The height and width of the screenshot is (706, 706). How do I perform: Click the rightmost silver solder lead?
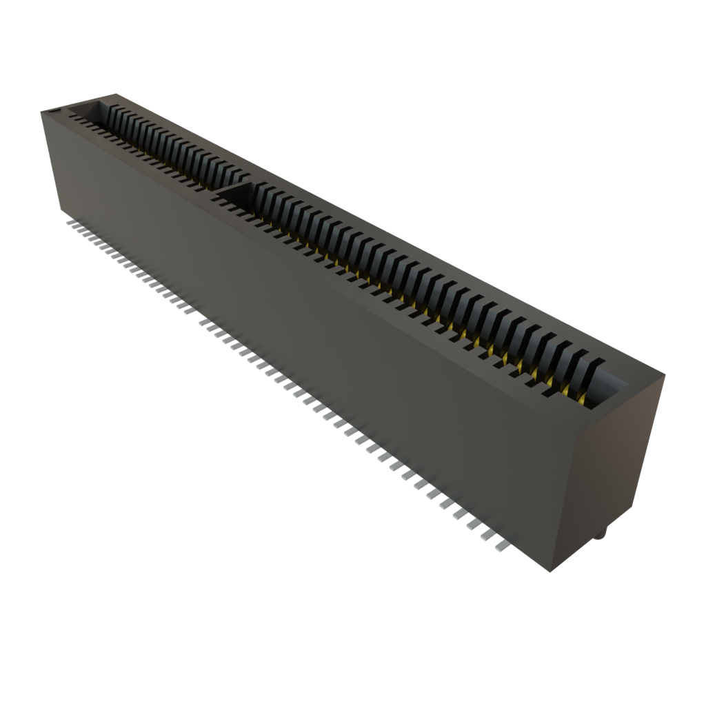tap(501, 546)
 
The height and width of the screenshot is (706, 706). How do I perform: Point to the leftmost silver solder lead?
tap(69, 223)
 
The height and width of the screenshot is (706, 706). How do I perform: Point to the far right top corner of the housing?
tap(665, 374)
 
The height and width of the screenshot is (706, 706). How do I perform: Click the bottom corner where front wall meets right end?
tap(552, 572)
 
